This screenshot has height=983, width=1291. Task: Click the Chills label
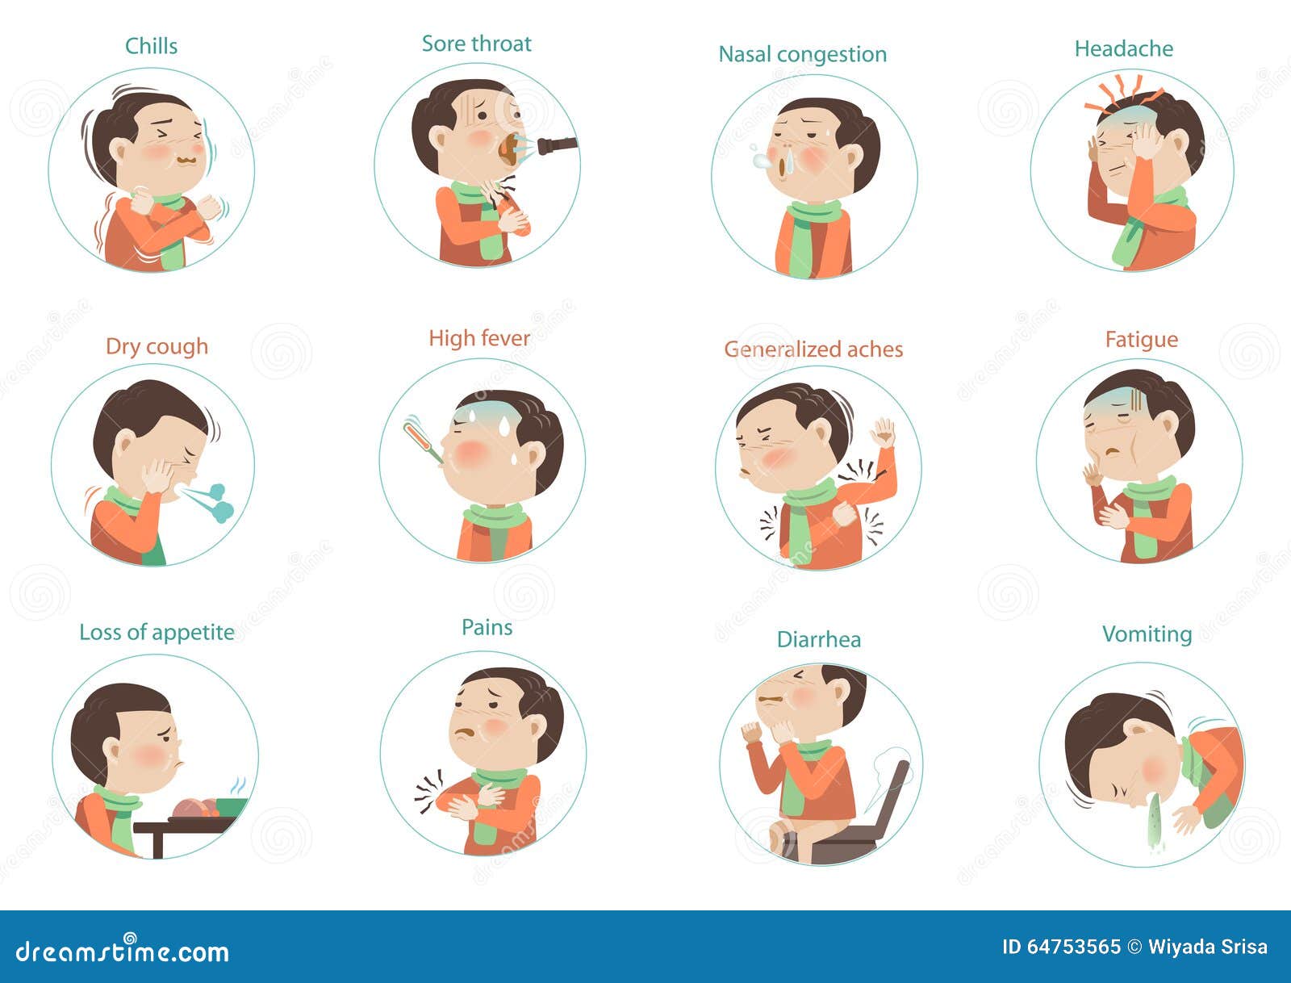tap(151, 46)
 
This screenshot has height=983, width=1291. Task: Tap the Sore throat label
tap(476, 44)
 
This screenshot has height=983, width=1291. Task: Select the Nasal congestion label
tap(802, 55)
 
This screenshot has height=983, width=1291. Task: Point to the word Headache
tap(1123, 48)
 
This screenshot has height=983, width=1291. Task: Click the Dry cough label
tap(157, 346)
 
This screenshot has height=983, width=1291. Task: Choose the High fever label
tap(479, 338)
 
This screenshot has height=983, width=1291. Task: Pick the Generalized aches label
tap(813, 349)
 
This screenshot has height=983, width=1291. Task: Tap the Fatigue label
tap(1142, 340)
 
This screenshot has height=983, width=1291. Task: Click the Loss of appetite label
tap(157, 633)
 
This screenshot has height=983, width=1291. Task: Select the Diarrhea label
tap(819, 639)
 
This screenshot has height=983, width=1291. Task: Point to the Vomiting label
tap(1147, 634)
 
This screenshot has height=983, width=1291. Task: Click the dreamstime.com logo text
tap(123, 950)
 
